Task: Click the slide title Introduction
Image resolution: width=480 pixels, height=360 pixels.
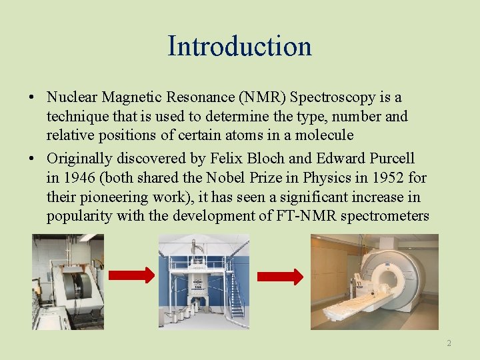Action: [x=239, y=46]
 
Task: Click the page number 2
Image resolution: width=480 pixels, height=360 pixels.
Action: [x=449, y=343]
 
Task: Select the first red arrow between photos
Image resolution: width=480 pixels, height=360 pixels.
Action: [x=131, y=275]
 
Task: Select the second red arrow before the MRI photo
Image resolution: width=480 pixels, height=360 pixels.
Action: [x=280, y=276]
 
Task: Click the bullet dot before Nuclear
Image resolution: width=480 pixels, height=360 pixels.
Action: [x=32, y=99]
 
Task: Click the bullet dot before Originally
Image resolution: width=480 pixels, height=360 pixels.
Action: [x=32, y=159]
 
